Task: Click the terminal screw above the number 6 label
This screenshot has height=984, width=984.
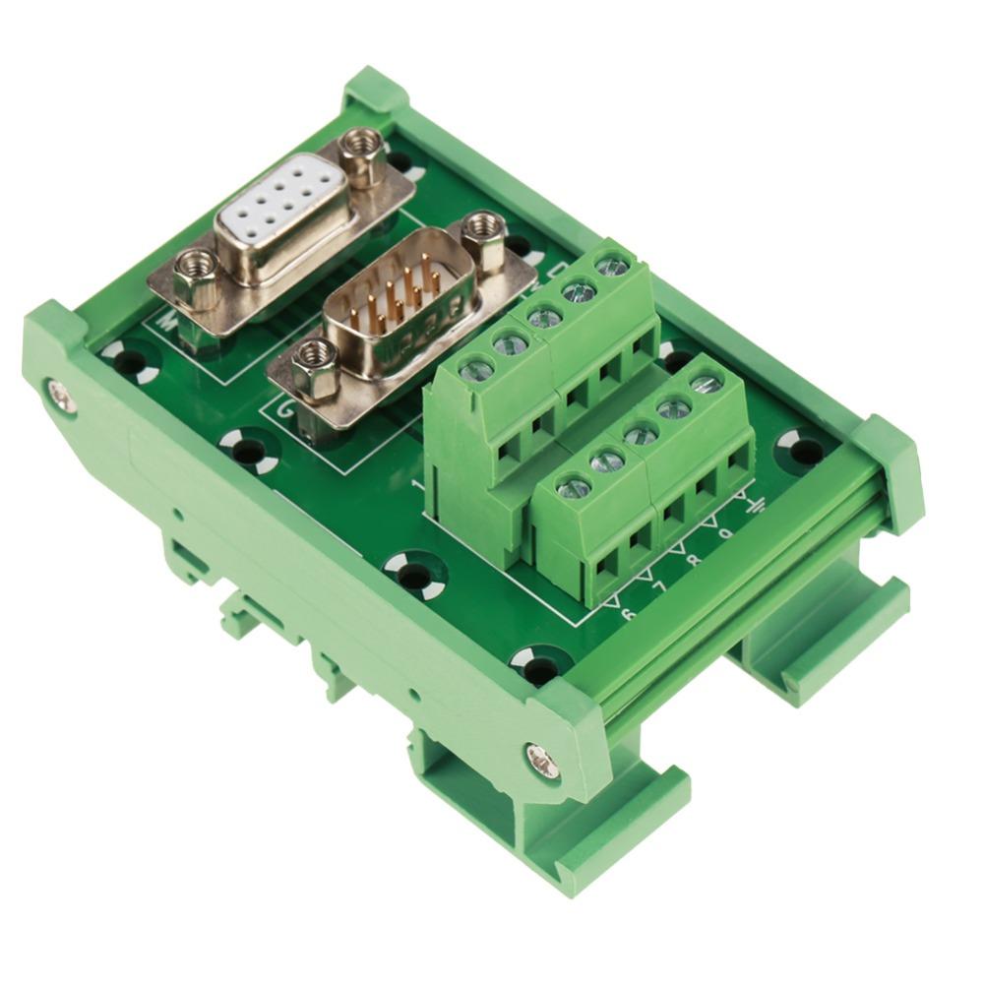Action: [x=574, y=487]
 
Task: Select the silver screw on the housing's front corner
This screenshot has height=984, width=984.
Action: [x=542, y=759]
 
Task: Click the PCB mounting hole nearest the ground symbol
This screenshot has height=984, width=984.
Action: [x=802, y=451]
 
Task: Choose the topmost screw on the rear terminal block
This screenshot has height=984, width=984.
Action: [x=613, y=265]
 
